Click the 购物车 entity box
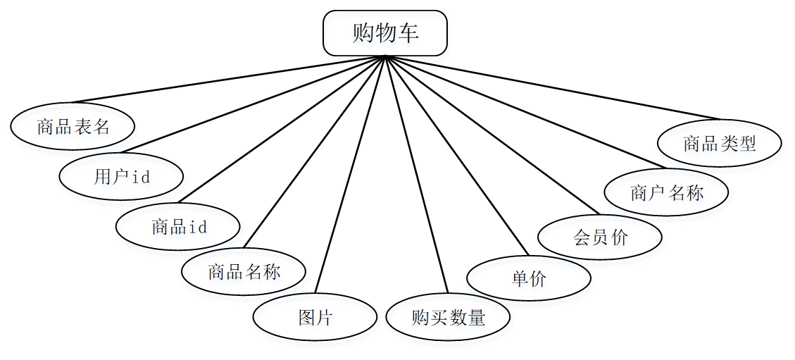tap(385, 33)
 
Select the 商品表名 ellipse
tap(73, 127)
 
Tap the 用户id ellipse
tap(121, 176)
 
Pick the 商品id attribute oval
tap(178, 227)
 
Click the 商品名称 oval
tap(244, 272)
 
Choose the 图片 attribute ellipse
tap(315, 317)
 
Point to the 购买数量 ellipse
tap(448, 317)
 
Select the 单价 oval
tap(529, 278)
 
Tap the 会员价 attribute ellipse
tap(600, 237)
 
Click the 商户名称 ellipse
tap(666, 192)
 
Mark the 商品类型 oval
tap(719, 143)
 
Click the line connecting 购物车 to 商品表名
tap(227, 80)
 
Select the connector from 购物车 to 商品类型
tap(553, 87)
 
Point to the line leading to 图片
tap(350, 175)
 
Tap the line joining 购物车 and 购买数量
tap(416, 175)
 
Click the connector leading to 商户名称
tap(525, 112)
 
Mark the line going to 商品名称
tap(314, 152)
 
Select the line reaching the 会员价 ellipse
tap(492, 135)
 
